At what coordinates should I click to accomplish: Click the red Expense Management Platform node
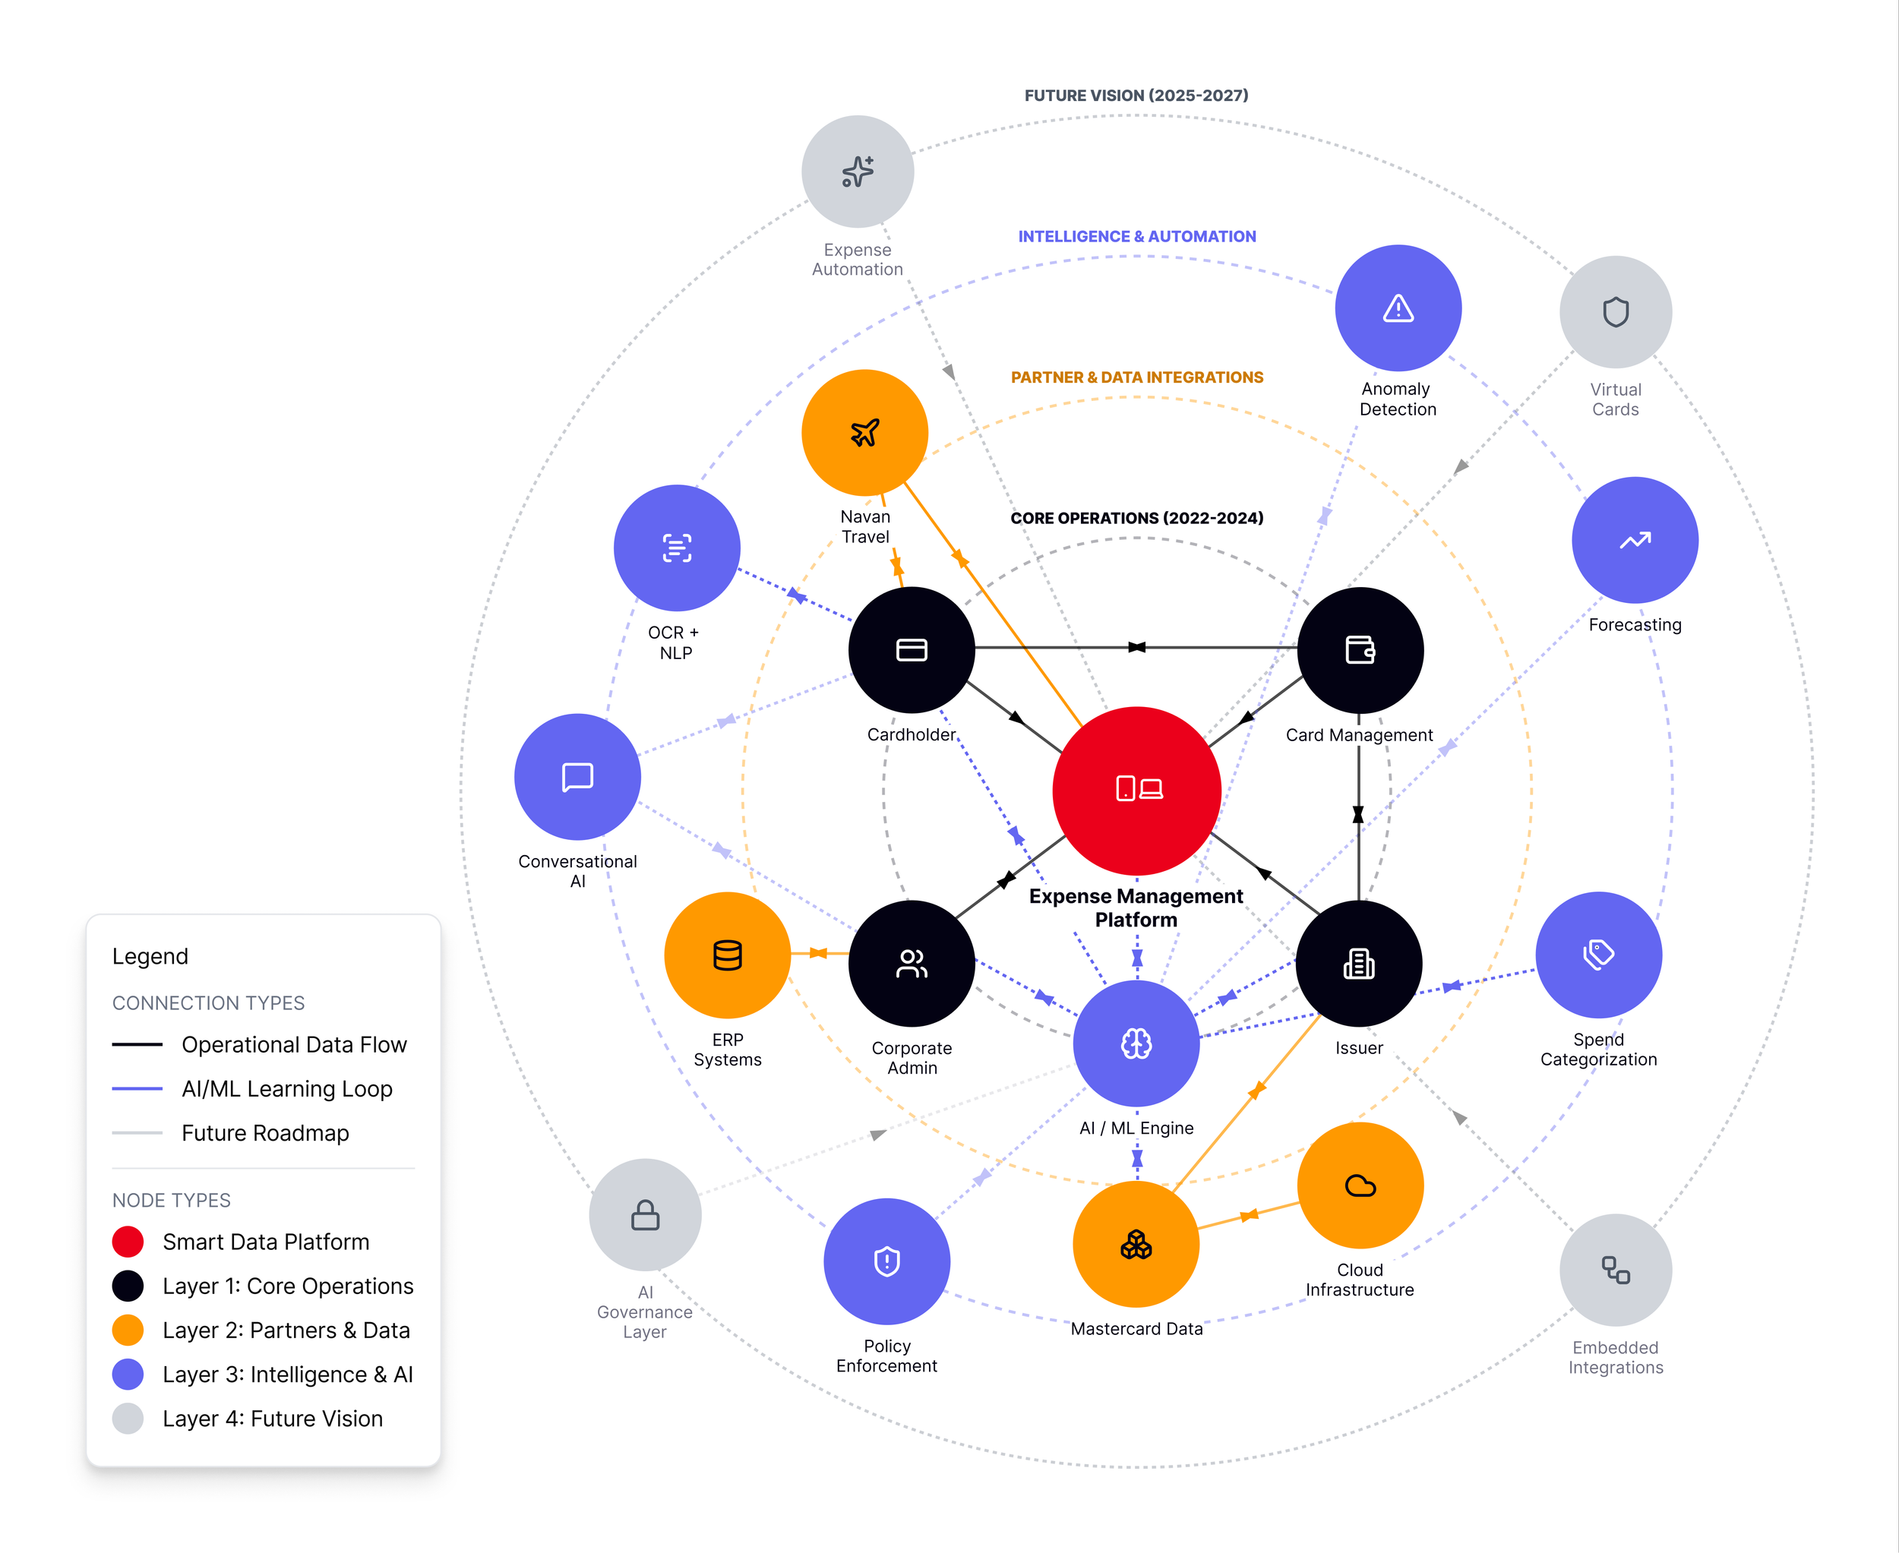point(1136,790)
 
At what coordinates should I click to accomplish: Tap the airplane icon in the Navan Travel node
point(864,433)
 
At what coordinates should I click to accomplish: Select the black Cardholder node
point(911,649)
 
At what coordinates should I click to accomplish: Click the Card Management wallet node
point(1360,649)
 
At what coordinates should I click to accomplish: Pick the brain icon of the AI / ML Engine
point(1136,1043)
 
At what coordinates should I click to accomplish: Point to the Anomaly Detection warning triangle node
point(1398,308)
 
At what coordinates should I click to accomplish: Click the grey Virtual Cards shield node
point(1616,312)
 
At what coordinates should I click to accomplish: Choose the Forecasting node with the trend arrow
point(1635,541)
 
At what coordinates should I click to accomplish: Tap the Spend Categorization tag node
point(1598,955)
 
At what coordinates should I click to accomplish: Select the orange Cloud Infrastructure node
point(1360,1185)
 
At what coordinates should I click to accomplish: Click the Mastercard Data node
point(1136,1245)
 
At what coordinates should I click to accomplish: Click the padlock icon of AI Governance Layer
point(645,1215)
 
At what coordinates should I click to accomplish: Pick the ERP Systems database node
point(728,955)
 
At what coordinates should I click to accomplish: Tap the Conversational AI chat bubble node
point(577,776)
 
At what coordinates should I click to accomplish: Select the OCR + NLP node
point(677,548)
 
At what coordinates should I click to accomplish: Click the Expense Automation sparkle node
point(858,172)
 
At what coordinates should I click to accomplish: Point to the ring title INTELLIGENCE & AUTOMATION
point(1136,236)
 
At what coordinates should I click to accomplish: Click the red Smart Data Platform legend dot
point(128,1242)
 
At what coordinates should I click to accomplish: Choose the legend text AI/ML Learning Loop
point(286,1089)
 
